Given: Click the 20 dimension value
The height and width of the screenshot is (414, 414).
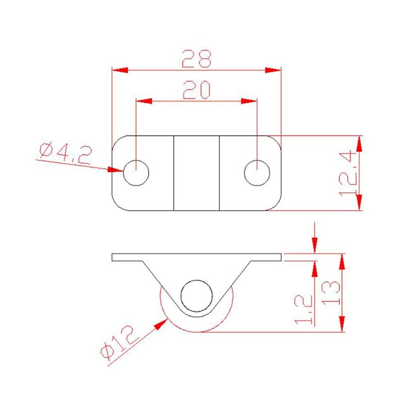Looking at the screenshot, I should [197, 90].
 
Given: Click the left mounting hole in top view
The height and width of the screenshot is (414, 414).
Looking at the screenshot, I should [136, 172].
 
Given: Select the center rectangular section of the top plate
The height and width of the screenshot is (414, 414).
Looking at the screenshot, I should [196, 173].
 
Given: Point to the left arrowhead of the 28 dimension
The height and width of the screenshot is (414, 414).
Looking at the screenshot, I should [120, 70].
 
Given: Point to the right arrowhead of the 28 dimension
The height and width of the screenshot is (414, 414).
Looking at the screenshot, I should [274, 70].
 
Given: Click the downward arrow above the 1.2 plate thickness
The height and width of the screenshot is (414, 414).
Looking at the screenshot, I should [315, 245].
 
